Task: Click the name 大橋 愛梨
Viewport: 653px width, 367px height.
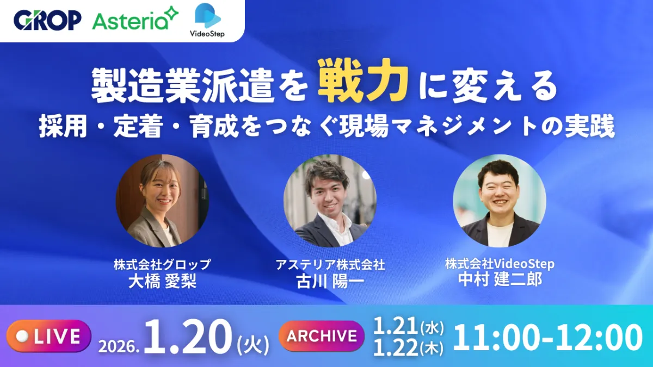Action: pos(162,280)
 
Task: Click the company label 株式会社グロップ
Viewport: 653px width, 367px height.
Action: pos(162,265)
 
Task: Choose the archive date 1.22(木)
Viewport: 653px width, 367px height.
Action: pos(409,346)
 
